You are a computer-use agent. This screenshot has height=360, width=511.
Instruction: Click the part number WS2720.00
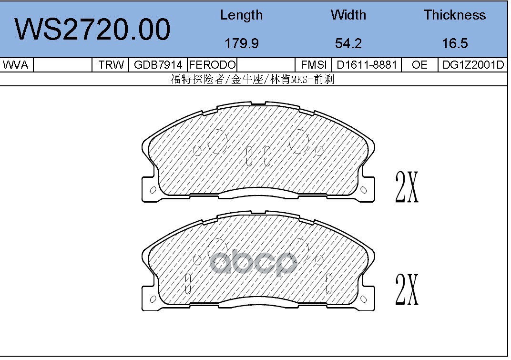(x=92, y=30)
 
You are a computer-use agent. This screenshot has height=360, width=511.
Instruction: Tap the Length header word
(x=242, y=15)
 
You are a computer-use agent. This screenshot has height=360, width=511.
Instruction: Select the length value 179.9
(x=242, y=43)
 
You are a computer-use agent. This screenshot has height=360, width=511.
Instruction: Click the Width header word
(x=348, y=15)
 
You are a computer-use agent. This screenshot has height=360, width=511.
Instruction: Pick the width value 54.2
(x=348, y=43)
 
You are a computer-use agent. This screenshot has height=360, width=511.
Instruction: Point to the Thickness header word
(x=455, y=15)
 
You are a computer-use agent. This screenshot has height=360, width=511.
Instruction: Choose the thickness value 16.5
(x=455, y=43)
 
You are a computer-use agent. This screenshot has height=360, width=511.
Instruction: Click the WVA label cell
(x=16, y=65)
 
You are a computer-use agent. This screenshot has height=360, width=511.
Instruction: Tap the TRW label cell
(x=111, y=65)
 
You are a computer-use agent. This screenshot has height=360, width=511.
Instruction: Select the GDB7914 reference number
(x=158, y=65)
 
